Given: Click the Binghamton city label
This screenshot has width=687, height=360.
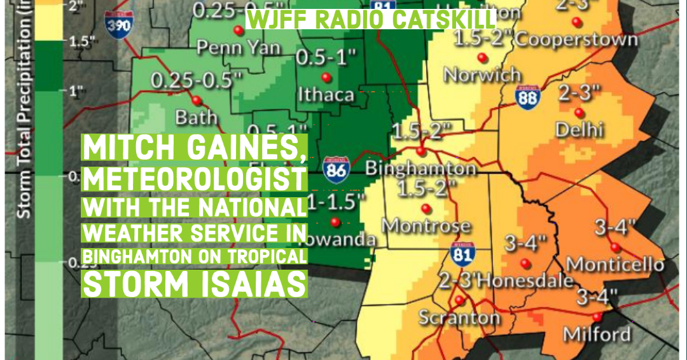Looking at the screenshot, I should point(420,169).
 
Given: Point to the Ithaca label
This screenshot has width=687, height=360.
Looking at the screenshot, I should point(326,95).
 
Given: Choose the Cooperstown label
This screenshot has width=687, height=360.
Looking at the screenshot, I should point(576,39).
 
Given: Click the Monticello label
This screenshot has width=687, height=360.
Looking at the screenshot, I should point(615,263).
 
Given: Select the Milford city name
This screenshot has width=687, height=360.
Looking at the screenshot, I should point(597,334).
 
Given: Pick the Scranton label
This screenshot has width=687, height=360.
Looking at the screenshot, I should point(459,317).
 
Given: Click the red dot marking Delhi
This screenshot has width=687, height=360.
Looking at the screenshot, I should point(579,113).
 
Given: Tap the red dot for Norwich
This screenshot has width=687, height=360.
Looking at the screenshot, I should point(483,58).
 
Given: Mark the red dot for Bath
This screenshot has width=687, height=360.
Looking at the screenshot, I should point(197,100).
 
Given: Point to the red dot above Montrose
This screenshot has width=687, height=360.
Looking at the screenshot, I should point(426,207).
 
